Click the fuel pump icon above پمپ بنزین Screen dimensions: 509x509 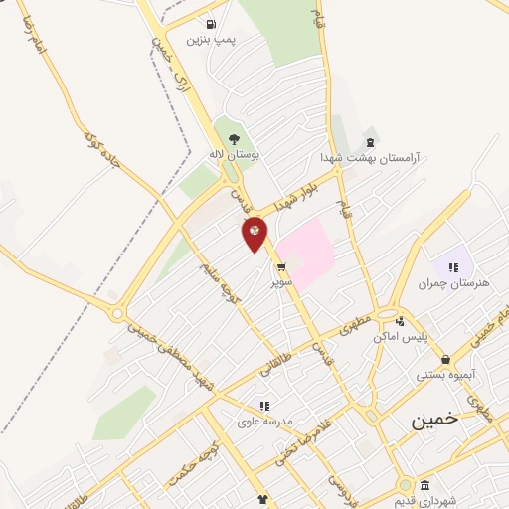pos(211,24)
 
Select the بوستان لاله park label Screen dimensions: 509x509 pos(234,155)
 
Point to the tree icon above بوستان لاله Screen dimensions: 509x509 pos(234,139)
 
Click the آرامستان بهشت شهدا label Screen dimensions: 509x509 pos(370,157)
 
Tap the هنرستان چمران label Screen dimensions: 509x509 pos(456,283)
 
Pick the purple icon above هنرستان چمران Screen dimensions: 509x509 pos(453,266)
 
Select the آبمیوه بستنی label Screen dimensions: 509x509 pos(443,375)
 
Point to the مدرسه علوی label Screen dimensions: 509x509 pos(263,421)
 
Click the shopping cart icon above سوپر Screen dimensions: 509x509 pos(282,266)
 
